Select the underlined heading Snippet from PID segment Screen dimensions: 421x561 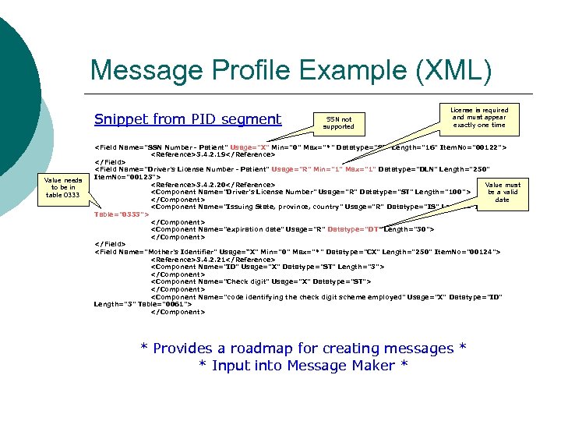point(187,119)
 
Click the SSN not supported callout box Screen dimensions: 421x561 point(338,122)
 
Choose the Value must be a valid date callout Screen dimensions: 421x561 point(502,192)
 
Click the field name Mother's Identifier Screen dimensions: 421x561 point(181,252)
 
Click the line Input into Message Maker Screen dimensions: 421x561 point(304,366)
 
